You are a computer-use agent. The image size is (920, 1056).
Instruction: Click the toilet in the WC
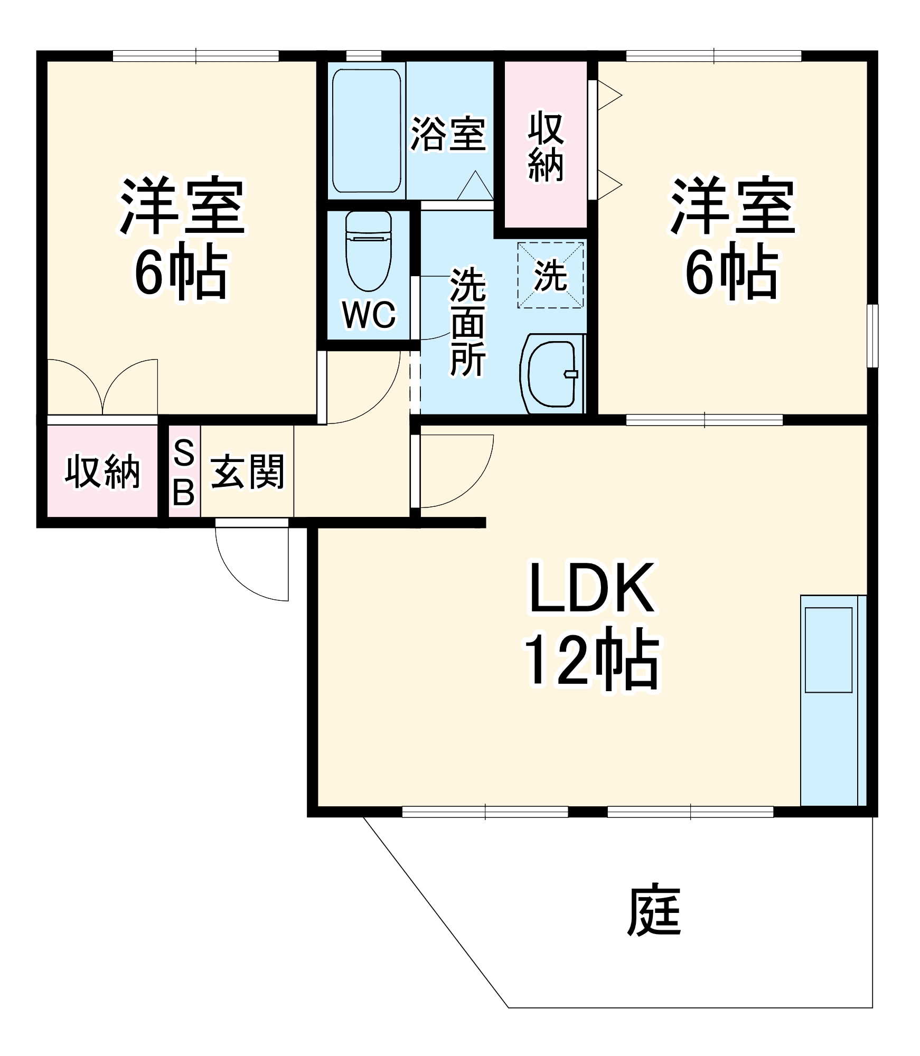tap(369, 252)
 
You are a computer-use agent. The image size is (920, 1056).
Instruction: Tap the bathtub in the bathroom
tap(366, 131)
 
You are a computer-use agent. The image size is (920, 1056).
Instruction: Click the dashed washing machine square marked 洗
tap(550, 275)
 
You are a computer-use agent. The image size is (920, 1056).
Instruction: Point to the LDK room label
tap(592, 588)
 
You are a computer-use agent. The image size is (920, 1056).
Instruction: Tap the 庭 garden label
tap(654, 910)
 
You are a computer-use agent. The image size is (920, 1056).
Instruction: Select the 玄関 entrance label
tap(247, 472)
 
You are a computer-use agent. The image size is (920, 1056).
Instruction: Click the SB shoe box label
tap(184, 472)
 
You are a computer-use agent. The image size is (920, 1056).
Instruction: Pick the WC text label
tap(369, 315)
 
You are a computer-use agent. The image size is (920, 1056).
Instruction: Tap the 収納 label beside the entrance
tap(102, 472)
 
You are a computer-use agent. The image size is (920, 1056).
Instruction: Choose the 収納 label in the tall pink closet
tap(546, 146)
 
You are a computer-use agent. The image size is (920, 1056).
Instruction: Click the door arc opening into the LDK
tap(459, 470)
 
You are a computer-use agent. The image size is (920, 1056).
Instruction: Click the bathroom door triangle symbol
tap(475, 186)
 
